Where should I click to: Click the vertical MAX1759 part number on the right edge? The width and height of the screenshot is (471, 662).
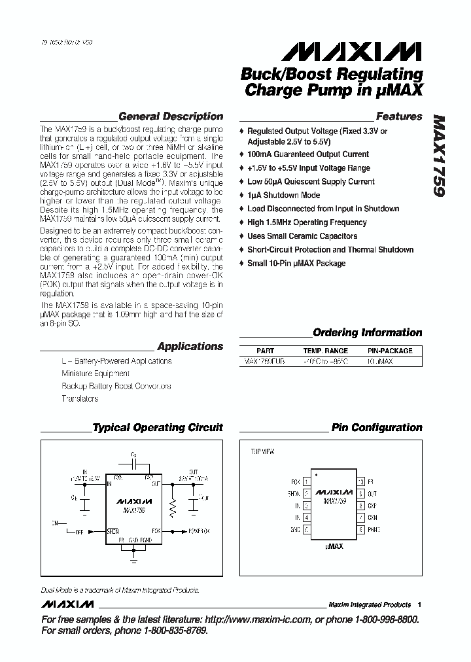pyautogui.click(x=438, y=156)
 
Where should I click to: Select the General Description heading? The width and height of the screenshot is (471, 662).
pyautogui.click(x=171, y=116)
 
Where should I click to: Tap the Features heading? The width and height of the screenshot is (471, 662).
pyautogui.click(x=399, y=116)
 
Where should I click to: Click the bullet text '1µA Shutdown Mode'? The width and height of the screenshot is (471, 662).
pyautogui.click(x=283, y=195)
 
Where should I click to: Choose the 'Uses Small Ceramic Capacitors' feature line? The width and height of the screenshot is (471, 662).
pyautogui.click(x=302, y=236)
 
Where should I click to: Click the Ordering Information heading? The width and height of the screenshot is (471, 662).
pyautogui.click(x=368, y=332)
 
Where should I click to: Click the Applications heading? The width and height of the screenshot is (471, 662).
pyautogui.click(x=190, y=347)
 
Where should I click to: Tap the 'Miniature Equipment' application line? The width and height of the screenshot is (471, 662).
pyautogui.click(x=96, y=374)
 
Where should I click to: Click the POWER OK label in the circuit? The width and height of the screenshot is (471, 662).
pyautogui.click(x=199, y=531)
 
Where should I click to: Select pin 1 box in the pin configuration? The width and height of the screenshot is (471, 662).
pyautogui.click(x=306, y=481)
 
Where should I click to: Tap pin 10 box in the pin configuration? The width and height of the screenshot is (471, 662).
pyautogui.click(x=360, y=481)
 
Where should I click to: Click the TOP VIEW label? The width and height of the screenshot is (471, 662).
pyautogui.click(x=263, y=451)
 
